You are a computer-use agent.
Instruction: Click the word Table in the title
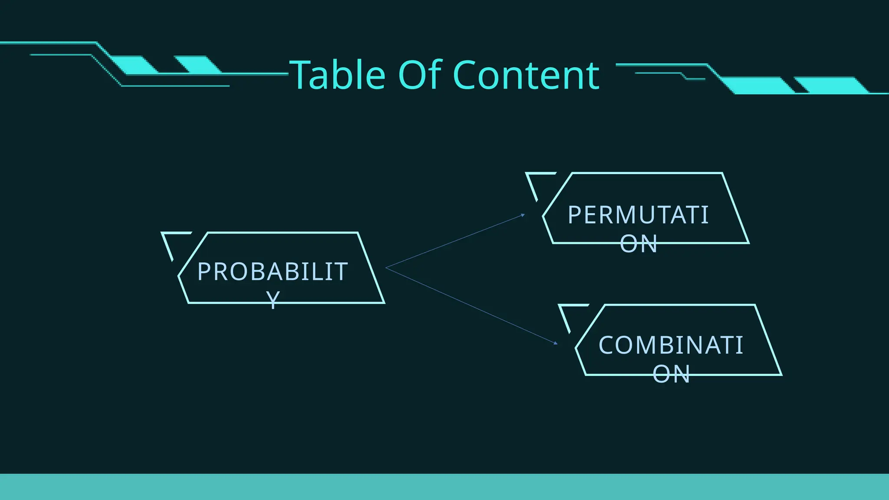point(338,76)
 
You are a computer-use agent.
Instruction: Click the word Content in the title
point(526,76)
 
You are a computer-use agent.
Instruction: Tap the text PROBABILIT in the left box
point(272,272)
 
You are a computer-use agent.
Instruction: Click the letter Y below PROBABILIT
point(273,299)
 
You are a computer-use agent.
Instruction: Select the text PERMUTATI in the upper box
point(638,215)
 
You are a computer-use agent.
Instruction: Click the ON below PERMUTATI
point(638,244)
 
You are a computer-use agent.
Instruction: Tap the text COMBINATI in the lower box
point(671,345)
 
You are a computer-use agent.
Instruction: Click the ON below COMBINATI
point(671,374)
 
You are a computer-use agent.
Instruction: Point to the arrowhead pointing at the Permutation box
point(523,215)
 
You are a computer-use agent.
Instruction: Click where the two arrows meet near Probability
point(387,268)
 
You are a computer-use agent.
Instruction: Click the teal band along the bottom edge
point(444,487)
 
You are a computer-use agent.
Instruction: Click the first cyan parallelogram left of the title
point(135,64)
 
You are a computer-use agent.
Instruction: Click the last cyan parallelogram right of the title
point(831,85)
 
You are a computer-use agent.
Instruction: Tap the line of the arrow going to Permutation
point(456,241)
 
